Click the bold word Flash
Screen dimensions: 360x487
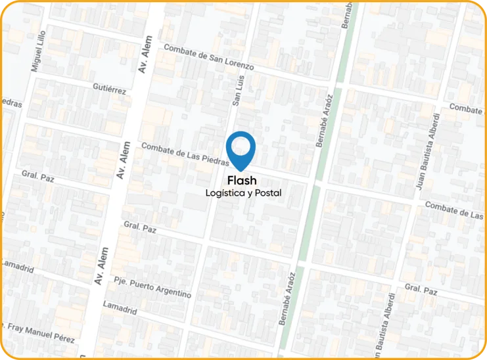pyautogui.click(x=242, y=181)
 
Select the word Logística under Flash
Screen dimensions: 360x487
pyautogui.click(x=225, y=194)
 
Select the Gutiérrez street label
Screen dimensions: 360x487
pyautogui.click(x=109, y=89)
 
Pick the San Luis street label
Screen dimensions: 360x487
pyautogui.click(x=239, y=89)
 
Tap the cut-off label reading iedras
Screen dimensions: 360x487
pyautogui.click(x=11, y=103)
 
